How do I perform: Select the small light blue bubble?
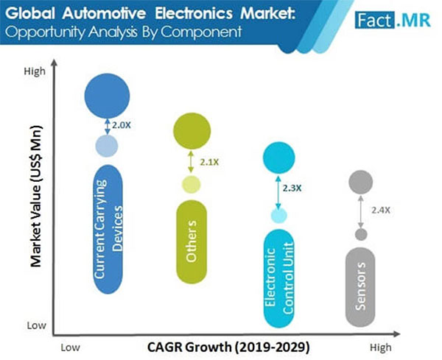click(x=108, y=145)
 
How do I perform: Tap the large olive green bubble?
click(x=192, y=131)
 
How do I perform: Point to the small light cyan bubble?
click(x=278, y=216)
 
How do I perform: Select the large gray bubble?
click(x=361, y=183)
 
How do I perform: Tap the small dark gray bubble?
click(x=361, y=235)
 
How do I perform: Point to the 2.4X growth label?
click(x=380, y=211)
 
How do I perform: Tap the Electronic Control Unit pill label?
click(x=277, y=280)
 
